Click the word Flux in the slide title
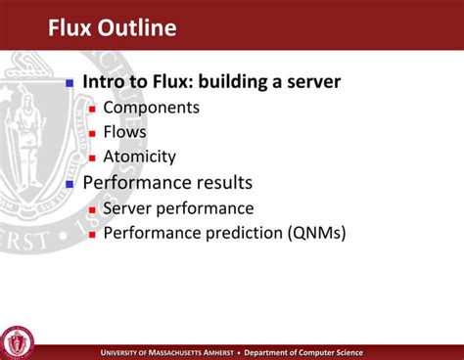(x=71, y=27)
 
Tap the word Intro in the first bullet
(x=106, y=82)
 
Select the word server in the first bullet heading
(x=310, y=82)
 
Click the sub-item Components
(x=151, y=108)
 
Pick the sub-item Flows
(x=124, y=132)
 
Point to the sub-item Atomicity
(x=139, y=157)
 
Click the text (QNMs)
(x=316, y=233)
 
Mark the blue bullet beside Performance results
(x=70, y=184)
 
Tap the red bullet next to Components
(x=92, y=109)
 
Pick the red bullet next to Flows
(x=92, y=133)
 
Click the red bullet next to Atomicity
(x=92, y=157)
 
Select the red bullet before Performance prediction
(x=92, y=234)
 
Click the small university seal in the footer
(x=18, y=341)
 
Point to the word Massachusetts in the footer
(x=187, y=353)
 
